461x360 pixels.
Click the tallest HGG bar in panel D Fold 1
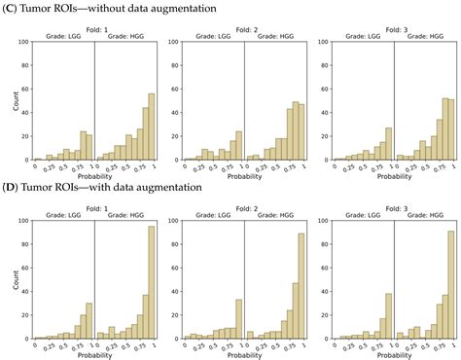[x=151, y=282]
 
